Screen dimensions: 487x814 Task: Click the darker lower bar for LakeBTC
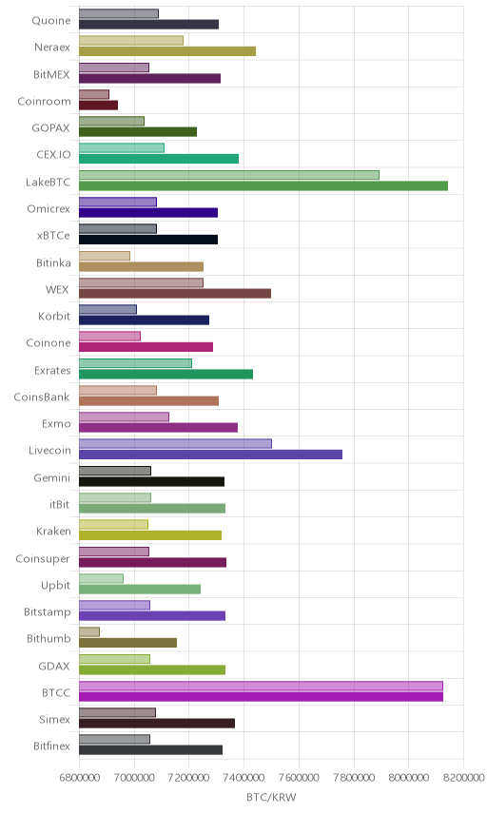[263, 185]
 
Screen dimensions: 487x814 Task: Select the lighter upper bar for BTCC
[261, 686]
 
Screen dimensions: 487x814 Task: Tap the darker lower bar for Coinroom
[99, 105]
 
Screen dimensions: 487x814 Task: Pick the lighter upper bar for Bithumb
[89, 631]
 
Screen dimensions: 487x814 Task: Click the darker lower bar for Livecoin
[210, 455]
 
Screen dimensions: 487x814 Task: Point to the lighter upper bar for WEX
[141, 282]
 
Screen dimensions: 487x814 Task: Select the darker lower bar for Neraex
[167, 51]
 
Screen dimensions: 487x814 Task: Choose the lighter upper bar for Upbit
[101, 578]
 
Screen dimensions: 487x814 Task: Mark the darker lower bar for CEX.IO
[159, 159]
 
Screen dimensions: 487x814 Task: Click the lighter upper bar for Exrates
[135, 363]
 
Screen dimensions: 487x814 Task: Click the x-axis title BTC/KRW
[271, 798]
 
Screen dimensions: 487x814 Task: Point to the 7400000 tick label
[244, 778]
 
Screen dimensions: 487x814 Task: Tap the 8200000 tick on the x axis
[463, 778]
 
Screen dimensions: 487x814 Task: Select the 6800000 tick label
[80, 778]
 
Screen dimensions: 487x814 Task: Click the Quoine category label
[50, 20]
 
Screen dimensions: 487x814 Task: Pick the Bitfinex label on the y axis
[51, 746]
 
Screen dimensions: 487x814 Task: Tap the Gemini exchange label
[52, 477]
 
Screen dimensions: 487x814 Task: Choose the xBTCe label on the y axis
[53, 235]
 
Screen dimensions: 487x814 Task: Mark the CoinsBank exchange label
[42, 397]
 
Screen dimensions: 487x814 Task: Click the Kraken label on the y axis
[53, 531]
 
